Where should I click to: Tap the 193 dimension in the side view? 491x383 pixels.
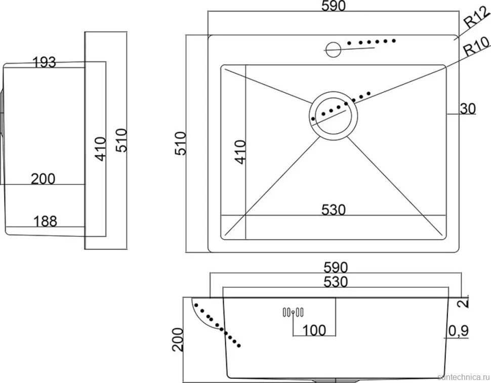click(x=45, y=62)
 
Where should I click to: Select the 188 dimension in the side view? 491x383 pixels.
click(x=45, y=221)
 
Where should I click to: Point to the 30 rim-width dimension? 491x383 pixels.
click(x=468, y=108)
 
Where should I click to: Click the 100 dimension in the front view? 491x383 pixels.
click(x=314, y=330)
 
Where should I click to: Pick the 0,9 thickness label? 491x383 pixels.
click(x=459, y=331)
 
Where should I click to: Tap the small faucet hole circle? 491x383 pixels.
click(x=333, y=49)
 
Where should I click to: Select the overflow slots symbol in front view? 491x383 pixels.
click(x=293, y=312)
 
